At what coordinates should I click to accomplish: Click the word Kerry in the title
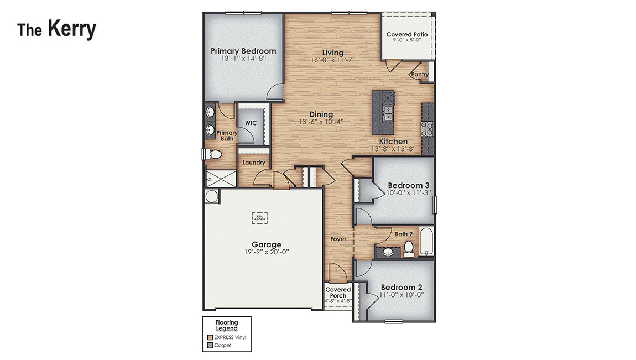[x=71, y=29]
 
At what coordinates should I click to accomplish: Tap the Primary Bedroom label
[x=243, y=51]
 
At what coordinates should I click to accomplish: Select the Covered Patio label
[x=406, y=34]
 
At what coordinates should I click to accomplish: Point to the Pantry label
[x=420, y=74]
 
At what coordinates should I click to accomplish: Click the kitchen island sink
[x=388, y=112]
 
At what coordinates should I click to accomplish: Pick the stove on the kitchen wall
[x=427, y=129]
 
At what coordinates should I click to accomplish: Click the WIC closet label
[x=250, y=123]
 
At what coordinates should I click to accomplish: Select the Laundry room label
[x=254, y=163]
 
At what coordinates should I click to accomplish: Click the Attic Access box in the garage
[x=260, y=218]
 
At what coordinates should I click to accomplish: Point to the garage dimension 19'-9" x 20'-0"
[x=267, y=252]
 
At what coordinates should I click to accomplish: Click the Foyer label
[x=338, y=239]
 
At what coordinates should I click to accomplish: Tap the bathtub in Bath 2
[x=426, y=242]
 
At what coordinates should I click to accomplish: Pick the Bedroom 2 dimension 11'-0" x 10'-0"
[x=402, y=295]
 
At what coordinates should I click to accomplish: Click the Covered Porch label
[x=338, y=293]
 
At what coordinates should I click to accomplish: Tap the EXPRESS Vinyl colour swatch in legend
[x=210, y=337]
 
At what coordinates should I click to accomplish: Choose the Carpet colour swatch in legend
[x=210, y=345]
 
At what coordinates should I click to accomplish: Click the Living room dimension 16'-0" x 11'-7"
[x=333, y=60]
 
